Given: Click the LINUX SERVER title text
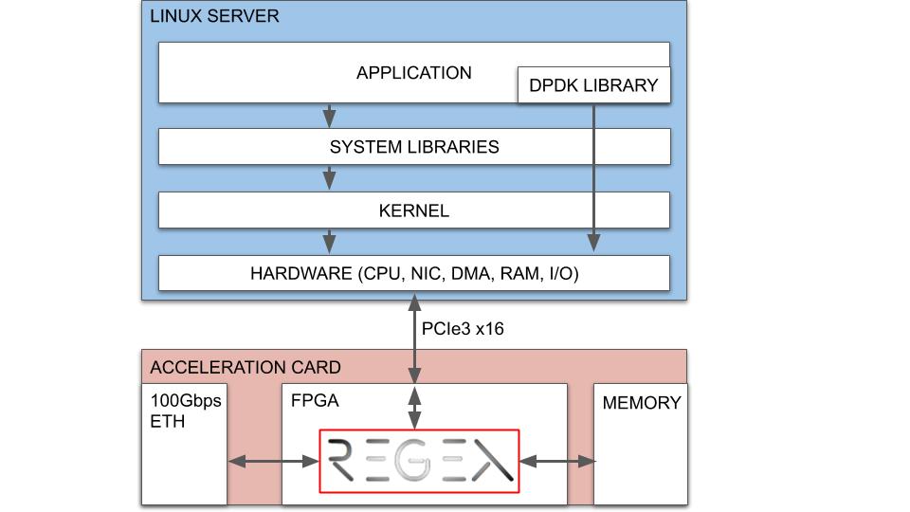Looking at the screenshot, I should (214, 17).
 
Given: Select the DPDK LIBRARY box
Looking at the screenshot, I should (593, 85).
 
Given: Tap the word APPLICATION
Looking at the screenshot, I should (413, 73).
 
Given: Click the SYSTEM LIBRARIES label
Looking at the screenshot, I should (414, 147).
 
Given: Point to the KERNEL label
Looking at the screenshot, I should (414, 210).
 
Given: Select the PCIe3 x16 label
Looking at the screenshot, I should (463, 328).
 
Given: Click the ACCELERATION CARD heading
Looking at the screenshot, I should (246, 368).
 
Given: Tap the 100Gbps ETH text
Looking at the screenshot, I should (185, 411).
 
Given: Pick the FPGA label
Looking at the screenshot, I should (314, 401).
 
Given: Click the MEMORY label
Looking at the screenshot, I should (641, 403).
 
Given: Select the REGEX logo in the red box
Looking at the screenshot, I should (419, 462).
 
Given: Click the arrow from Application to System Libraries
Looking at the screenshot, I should (329, 115).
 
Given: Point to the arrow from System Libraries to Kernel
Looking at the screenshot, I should (329, 177).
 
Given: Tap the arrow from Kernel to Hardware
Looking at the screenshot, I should (329, 241).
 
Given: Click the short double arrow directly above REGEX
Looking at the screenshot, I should (414, 407).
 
